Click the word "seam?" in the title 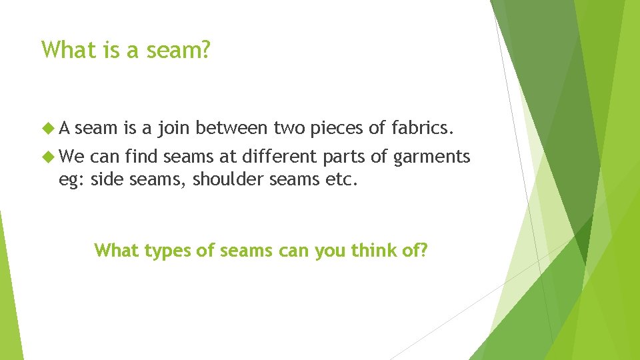pos(181,50)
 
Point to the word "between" pos(233,127)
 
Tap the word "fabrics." pos(422,127)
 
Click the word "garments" pos(432,158)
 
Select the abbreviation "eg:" pos(71,180)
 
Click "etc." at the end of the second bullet pos(343,179)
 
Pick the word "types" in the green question pos(161,251)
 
